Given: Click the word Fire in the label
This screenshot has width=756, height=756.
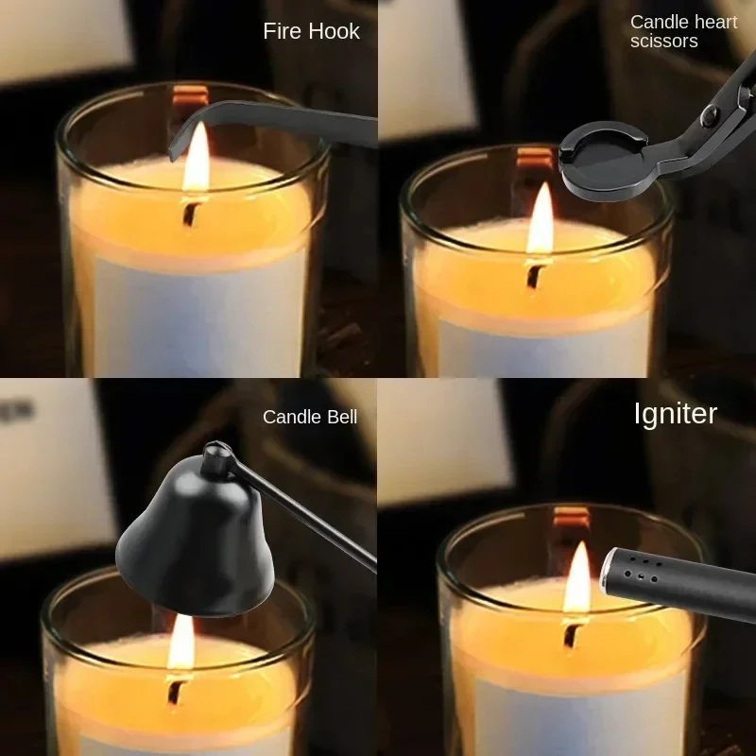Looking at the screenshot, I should click(282, 31).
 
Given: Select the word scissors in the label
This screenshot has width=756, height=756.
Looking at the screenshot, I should click(663, 42).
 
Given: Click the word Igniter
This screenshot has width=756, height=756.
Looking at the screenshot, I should click(675, 413).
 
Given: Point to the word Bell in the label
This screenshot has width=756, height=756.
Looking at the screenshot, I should click(339, 417).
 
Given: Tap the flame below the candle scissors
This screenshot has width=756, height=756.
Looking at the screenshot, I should click(541, 221).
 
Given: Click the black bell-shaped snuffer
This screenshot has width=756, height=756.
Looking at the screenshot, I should click(198, 548).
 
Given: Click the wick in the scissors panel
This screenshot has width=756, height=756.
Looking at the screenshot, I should click(536, 275).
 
